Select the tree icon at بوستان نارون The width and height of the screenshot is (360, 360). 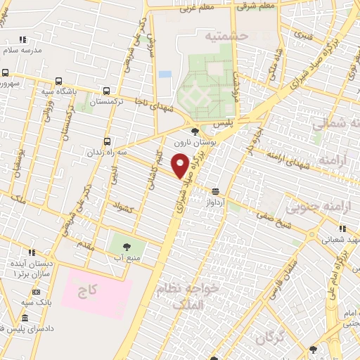(195, 131)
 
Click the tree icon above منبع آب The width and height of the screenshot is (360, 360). (127, 247)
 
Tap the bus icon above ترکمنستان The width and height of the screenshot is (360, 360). (106, 91)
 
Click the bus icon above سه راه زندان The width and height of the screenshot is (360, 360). (108, 139)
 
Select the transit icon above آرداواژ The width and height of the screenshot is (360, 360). (214, 191)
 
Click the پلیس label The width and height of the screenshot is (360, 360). (224, 122)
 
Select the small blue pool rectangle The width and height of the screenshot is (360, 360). (165, 74)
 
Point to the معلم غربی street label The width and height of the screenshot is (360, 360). (192, 8)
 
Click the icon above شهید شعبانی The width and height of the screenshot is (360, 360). (342, 229)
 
